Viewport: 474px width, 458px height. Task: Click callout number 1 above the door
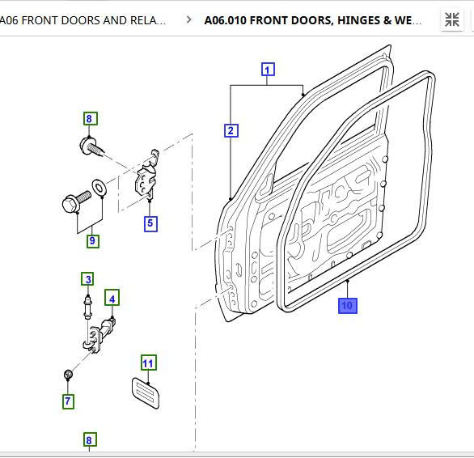[267, 70]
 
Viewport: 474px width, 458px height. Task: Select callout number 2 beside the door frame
[231, 130]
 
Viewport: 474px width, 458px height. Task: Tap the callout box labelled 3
[87, 279]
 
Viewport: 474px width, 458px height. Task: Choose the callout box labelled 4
[112, 299]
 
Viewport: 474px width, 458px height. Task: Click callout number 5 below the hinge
[150, 223]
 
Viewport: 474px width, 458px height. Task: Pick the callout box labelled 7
[68, 401]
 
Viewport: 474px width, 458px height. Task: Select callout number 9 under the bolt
[92, 240]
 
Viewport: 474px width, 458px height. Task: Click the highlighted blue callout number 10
[346, 305]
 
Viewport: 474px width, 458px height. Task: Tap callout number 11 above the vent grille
[148, 362]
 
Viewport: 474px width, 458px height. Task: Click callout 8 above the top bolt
[90, 119]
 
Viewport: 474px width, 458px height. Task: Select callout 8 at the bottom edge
[90, 440]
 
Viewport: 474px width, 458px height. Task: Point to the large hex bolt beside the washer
[74, 201]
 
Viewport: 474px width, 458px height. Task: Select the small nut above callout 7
[69, 375]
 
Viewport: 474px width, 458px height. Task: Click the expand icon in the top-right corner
[452, 19]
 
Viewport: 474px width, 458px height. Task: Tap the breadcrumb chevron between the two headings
[189, 19]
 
